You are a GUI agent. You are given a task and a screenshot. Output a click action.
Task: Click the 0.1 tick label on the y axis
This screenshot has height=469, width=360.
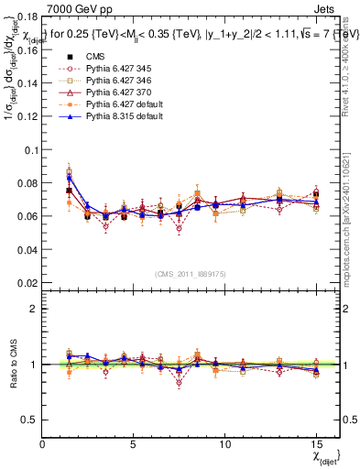pyautogui.click(x=29, y=149)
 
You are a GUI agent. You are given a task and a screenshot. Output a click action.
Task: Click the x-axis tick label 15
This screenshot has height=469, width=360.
pyautogui.click(x=317, y=445)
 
